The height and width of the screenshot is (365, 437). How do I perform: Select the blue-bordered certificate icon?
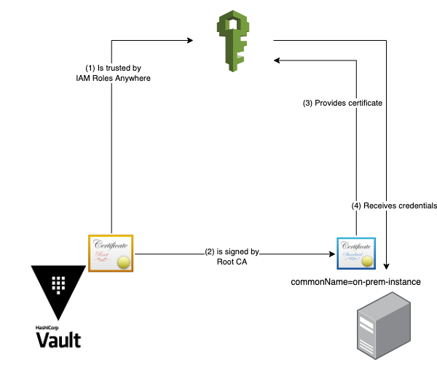355,254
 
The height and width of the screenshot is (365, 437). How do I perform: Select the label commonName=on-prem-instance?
356,281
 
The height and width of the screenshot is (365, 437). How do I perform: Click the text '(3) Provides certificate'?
342,103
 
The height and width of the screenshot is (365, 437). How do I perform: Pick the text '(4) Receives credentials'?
394,206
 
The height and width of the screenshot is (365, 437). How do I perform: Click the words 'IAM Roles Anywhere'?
113,79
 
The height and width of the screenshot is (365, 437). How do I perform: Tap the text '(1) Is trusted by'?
113,68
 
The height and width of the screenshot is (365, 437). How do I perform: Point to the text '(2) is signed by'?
232,252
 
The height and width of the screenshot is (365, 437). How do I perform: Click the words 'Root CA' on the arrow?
232,262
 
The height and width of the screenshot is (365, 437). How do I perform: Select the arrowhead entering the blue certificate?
331,254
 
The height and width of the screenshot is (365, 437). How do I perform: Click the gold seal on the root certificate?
124,262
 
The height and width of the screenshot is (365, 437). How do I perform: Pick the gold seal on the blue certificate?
369,262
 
